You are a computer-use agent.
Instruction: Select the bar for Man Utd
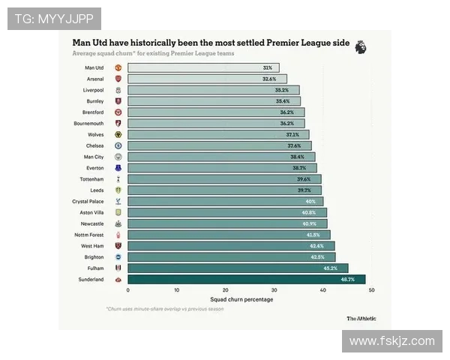coord(202,67)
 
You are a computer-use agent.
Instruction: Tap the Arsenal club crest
coord(118,79)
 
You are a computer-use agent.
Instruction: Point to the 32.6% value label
coord(269,79)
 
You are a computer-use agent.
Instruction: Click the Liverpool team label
coord(93,90)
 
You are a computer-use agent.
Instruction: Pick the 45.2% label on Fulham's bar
coord(330,268)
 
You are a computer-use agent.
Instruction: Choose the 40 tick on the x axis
coord(323,290)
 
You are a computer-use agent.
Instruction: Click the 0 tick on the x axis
coord(128,290)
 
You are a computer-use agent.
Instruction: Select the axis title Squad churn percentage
coord(241,299)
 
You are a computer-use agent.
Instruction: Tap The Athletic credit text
coord(361,318)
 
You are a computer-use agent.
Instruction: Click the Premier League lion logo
coord(361,46)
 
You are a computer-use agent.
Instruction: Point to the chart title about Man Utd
coord(211,43)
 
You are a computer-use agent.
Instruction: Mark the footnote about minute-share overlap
coord(164,309)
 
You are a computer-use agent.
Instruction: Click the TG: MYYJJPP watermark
coord(54,19)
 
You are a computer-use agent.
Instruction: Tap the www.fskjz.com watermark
coord(391,341)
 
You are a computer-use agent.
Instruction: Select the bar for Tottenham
coord(224,179)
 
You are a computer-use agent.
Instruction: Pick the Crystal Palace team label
coord(88,201)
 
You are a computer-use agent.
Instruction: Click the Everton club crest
coord(118,168)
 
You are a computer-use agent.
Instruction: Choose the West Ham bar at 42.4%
coord(231,246)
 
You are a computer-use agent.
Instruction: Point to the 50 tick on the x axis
coord(372,290)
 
